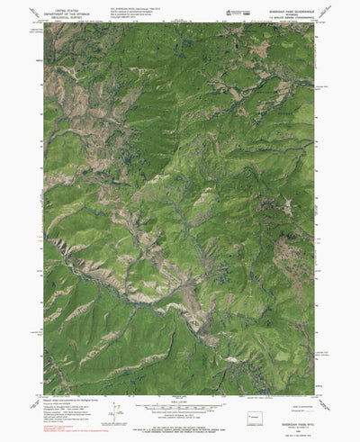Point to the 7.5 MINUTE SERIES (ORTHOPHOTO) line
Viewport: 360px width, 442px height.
pos(286,18)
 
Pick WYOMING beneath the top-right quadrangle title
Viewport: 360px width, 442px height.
pos(286,14)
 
